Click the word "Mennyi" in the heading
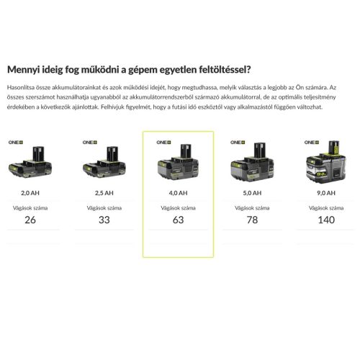24,70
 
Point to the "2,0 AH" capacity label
30,193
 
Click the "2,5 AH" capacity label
104,193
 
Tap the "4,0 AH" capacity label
178,193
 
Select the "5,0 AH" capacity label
252,193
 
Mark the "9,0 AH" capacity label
325,193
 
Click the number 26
30,219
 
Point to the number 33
104,219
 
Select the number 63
178,219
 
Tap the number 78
252,219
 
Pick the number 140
325,219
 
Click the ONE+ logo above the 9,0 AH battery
306,143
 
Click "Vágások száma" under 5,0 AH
252,207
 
